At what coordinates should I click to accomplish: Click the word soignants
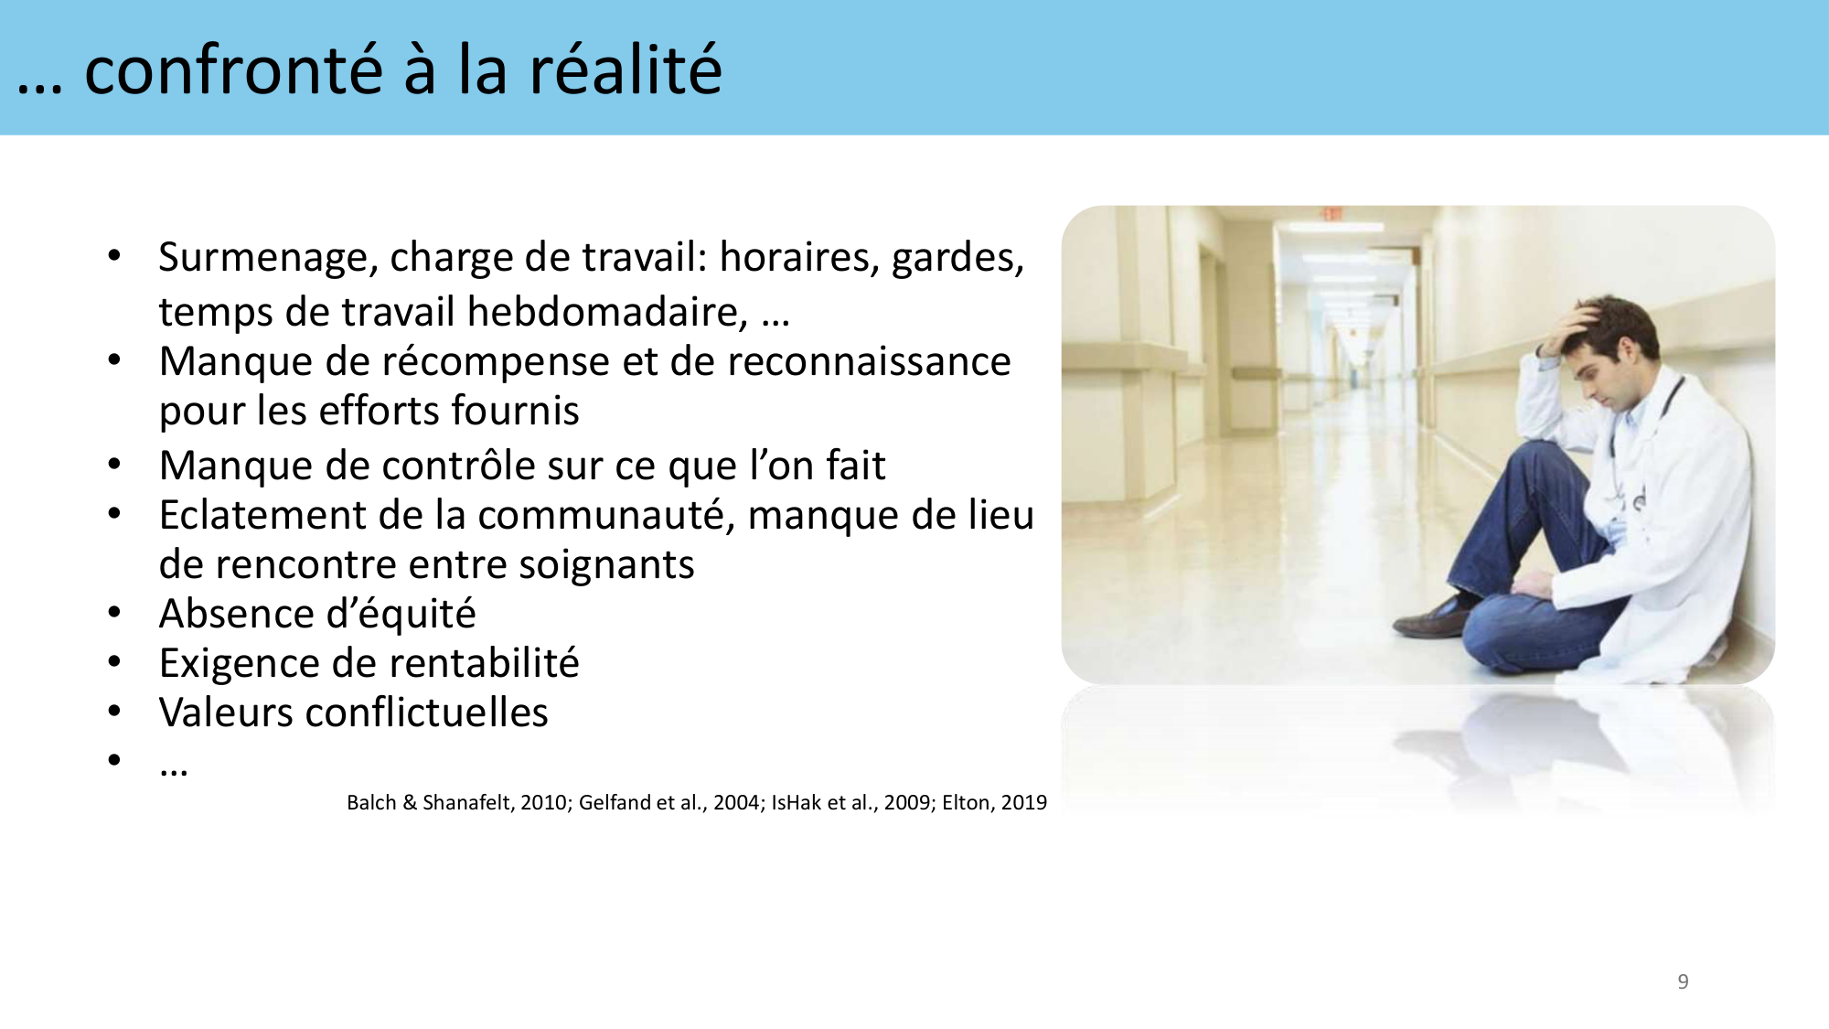point(606,565)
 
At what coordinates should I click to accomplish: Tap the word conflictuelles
point(426,713)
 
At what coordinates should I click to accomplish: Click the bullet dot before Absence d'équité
point(114,613)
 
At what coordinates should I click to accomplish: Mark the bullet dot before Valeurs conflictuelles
point(114,712)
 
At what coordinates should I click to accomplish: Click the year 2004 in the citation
point(736,803)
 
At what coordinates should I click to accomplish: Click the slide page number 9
point(1683,982)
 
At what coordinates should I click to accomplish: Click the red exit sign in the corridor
point(1331,214)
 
